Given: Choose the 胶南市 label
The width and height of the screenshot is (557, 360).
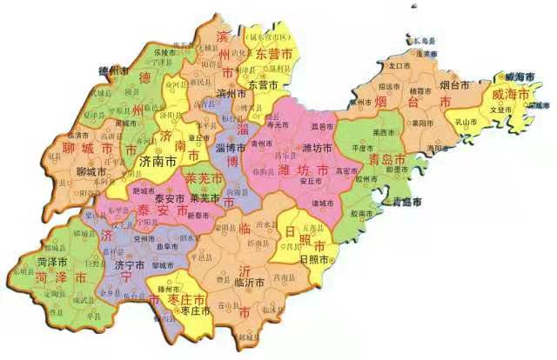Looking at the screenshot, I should (x=362, y=210).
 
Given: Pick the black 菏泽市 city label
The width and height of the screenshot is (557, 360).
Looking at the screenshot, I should (x=53, y=261).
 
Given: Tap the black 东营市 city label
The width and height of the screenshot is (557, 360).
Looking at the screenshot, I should (x=262, y=85).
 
